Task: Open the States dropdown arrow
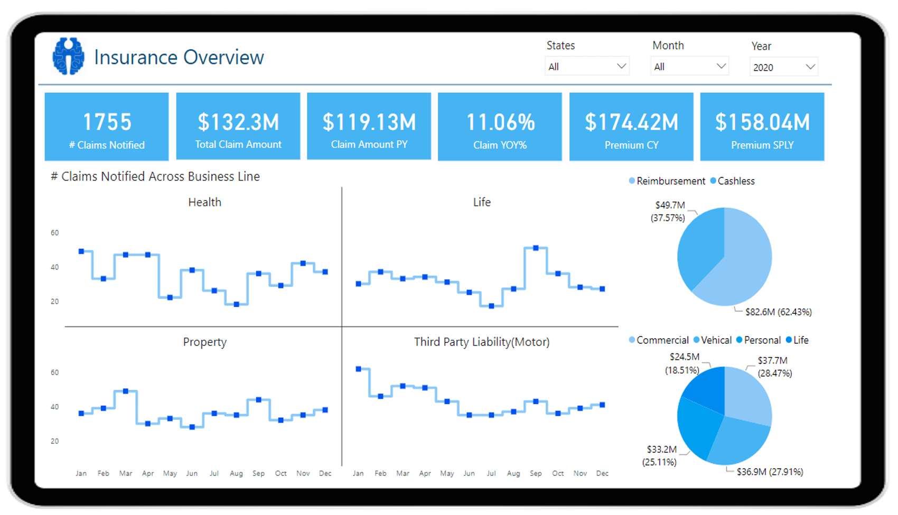tap(621, 67)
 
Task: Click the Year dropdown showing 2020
tap(783, 67)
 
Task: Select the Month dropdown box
tap(689, 67)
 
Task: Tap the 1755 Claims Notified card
tap(107, 127)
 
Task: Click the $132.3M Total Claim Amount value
tap(238, 123)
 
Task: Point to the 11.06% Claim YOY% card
tap(500, 127)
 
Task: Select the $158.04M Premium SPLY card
tap(762, 127)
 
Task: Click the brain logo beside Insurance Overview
tap(68, 56)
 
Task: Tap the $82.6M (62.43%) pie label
tap(778, 312)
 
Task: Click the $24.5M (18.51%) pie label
tap(684, 363)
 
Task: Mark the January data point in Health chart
tap(81, 251)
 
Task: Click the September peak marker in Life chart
tap(536, 248)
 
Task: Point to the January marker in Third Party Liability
tap(359, 369)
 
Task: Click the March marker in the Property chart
tap(126, 391)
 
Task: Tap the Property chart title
tap(204, 342)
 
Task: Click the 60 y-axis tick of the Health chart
tap(54, 233)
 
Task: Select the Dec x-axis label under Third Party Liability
tap(602, 473)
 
